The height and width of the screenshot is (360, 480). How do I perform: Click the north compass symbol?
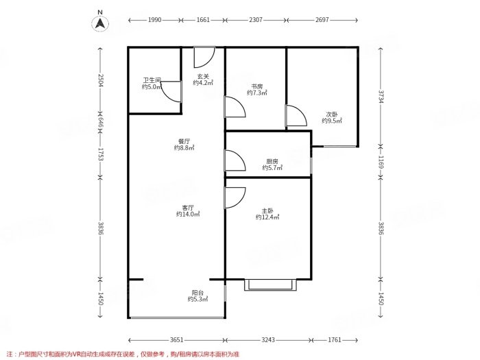tap(100, 22)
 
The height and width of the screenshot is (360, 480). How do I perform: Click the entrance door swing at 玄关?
tap(204, 56)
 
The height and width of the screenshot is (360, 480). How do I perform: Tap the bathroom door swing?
tap(171, 91)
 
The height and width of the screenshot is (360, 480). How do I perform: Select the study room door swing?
tap(234, 108)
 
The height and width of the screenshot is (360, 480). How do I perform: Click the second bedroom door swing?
tap(296, 116)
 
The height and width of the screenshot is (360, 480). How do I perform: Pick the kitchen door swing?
tap(235, 160)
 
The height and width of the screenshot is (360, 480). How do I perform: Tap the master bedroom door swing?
tap(235, 197)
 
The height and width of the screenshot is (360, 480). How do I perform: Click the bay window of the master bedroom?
tap(270, 284)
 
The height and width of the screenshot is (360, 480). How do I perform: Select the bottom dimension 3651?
tap(177, 339)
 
